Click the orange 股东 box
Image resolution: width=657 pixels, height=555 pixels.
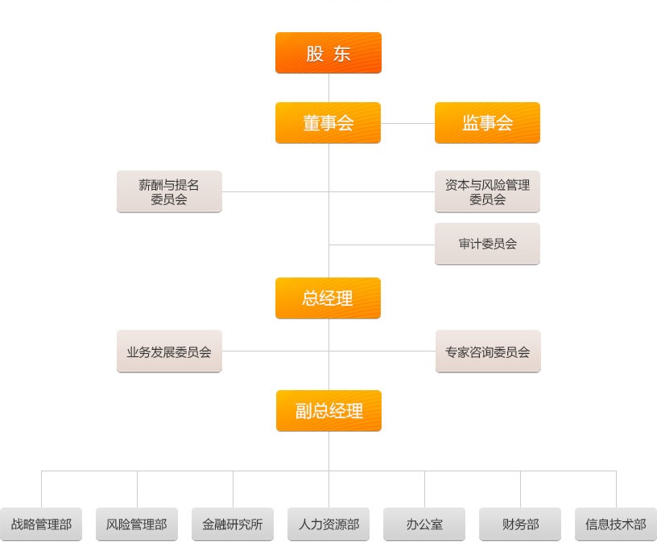point(328,53)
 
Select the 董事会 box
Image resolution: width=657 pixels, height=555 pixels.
point(328,123)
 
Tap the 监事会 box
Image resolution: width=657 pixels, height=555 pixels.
point(487,123)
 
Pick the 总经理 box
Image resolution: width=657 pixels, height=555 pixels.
point(328,298)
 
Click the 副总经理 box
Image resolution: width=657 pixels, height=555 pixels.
point(328,411)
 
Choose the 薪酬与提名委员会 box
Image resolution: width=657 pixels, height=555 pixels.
point(169,191)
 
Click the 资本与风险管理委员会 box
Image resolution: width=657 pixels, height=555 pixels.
point(487,191)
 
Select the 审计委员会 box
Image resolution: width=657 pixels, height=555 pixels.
point(487,244)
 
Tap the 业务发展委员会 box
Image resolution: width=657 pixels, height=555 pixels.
point(169,351)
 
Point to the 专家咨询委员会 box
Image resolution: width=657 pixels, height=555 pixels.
point(488,351)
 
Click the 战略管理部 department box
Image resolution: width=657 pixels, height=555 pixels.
point(41,524)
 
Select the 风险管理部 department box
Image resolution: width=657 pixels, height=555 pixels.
point(137,524)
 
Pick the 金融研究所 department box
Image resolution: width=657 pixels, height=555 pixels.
point(233,524)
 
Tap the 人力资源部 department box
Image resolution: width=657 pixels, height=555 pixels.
point(328,524)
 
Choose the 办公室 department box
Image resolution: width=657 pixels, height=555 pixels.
point(424,524)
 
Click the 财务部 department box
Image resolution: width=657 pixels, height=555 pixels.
point(520,524)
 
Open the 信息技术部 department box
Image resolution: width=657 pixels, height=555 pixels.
point(616,524)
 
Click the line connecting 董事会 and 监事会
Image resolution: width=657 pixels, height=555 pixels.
point(407,123)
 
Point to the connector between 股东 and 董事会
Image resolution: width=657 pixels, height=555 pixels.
point(328,88)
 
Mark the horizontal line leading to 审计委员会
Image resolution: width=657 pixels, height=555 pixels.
point(382,245)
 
